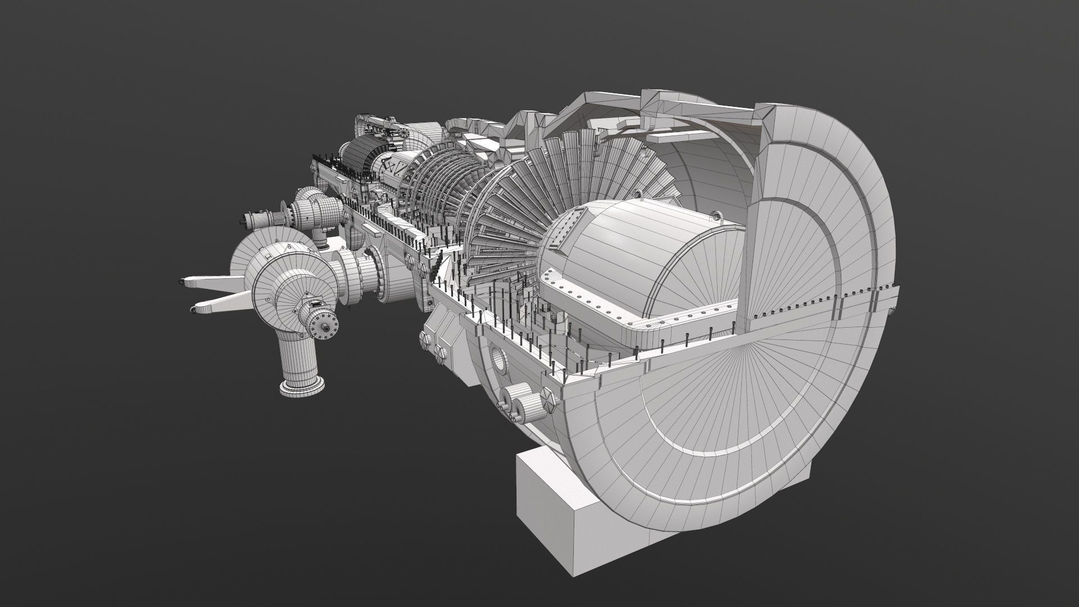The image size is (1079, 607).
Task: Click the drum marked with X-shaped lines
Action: tap(390, 168)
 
